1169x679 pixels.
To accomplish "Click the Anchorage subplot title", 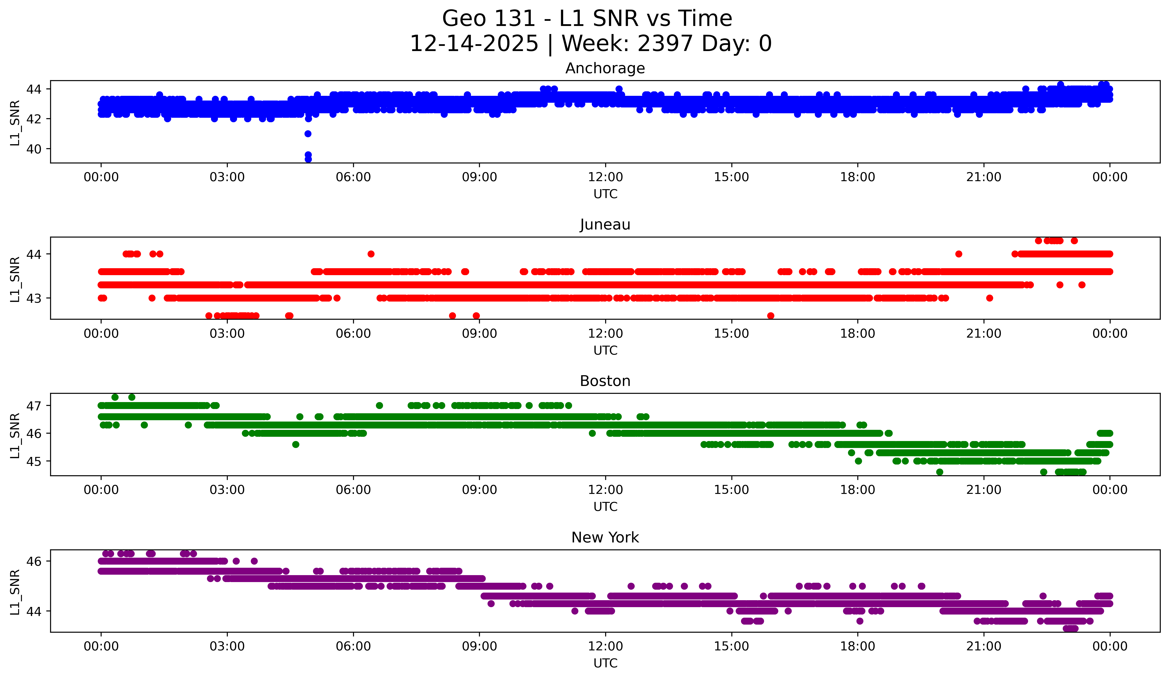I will click(x=605, y=68).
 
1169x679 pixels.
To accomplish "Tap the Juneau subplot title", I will click(x=605, y=225).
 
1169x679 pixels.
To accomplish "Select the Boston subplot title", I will click(x=605, y=381).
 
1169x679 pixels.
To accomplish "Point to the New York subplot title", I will click(x=605, y=538).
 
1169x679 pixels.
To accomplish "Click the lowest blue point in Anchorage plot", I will click(x=308, y=159).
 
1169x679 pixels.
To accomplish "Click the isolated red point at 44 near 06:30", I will click(x=371, y=254).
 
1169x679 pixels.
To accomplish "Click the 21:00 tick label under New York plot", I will click(x=984, y=646).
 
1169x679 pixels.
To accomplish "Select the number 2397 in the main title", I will click(x=665, y=44).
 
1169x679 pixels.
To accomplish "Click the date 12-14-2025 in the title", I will click(x=474, y=44).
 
